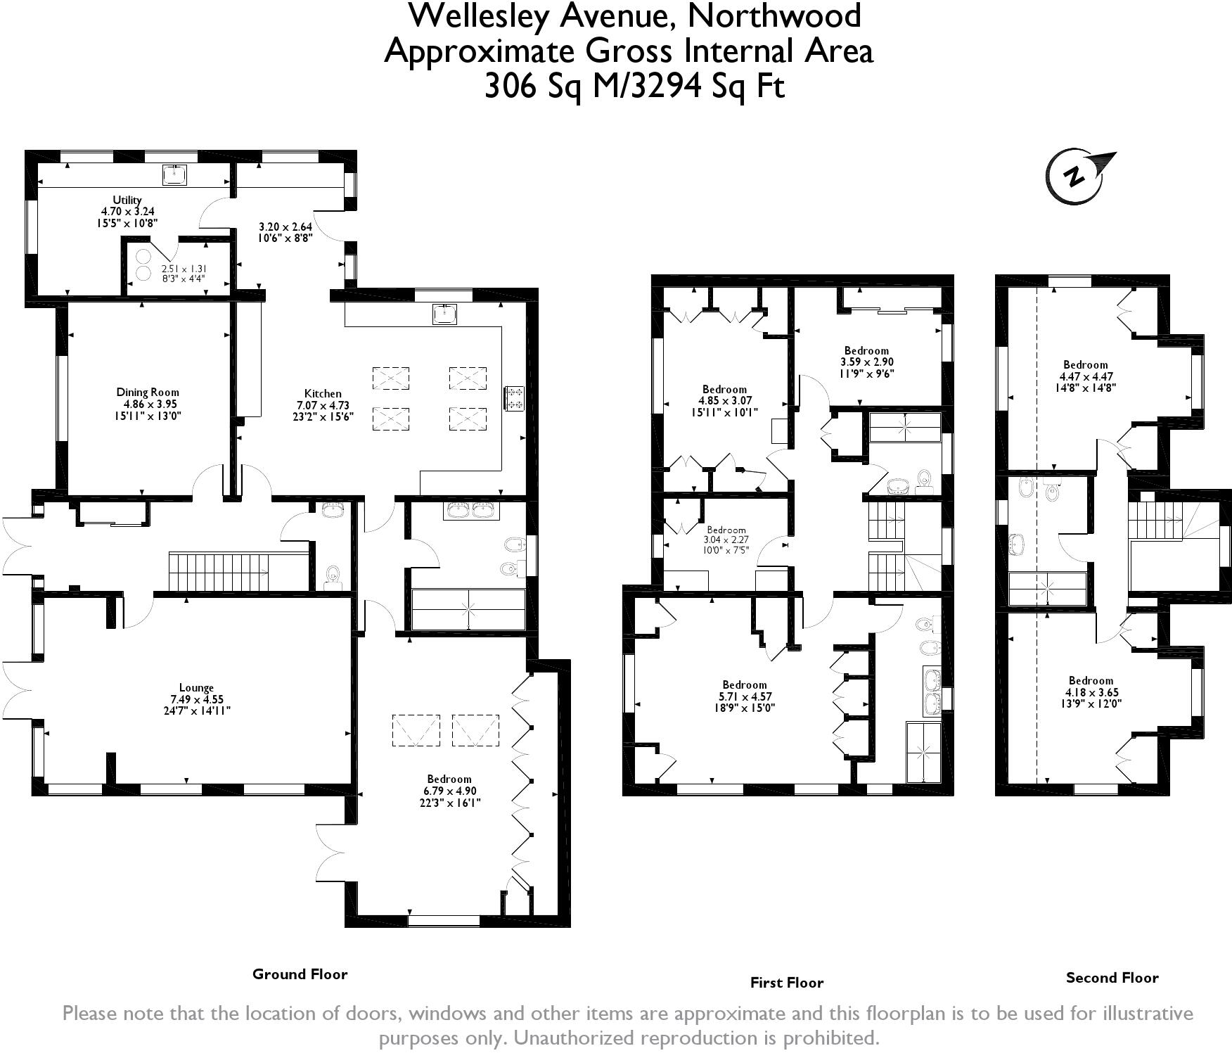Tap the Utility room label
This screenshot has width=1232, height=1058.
pyautogui.click(x=127, y=200)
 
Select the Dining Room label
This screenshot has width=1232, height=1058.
pyautogui.click(x=148, y=393)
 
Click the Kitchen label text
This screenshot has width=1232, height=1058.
pyautogui.click(x=323, y=394)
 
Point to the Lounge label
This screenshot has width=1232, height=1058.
pyautogui.click(x=196, y=688)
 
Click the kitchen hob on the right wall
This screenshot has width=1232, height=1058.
pyautogui.click(x=514, y=398)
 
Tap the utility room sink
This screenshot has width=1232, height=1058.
pyautogui.click(x=174, y=174)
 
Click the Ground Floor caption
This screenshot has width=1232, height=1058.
pyautogui.click(x=300, y=974)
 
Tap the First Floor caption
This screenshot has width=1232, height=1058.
pyautogui.click(x=786, y=983)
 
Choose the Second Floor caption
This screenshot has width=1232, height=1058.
pyautogui.click(x=1112, y=977)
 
